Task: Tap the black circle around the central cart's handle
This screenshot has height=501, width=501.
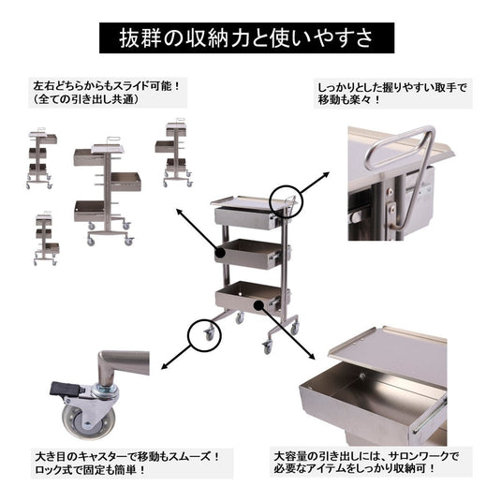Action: click(286, 200)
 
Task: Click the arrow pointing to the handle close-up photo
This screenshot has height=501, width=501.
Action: click(315, 183)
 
